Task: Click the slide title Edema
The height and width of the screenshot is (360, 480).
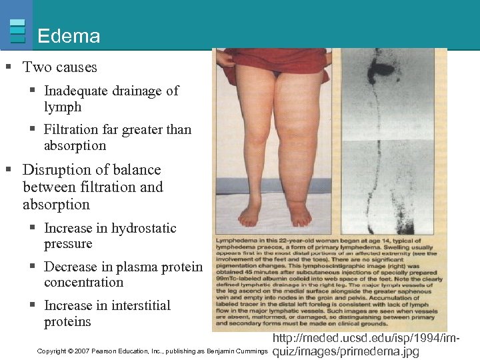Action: tap(69, 36)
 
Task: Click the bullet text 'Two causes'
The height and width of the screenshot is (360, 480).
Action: tap(60, 67)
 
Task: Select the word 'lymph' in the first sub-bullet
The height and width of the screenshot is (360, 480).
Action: tap(63, 107)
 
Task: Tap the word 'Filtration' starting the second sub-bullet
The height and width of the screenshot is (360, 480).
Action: tap(74, 129)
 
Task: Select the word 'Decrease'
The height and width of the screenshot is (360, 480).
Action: tap(74, 267)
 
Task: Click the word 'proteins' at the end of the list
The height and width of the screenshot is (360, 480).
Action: tap(67, 321)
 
